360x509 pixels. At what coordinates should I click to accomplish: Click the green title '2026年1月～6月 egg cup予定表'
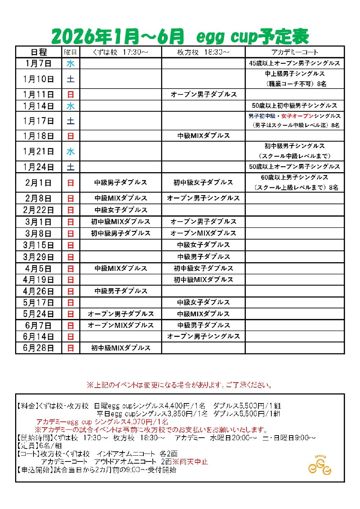click(180, 36)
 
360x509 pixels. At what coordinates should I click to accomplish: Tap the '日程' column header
click(39, 52)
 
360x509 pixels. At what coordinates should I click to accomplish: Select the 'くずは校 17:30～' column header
click(120, 52)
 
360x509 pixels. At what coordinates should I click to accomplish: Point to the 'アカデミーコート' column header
click(294, 52)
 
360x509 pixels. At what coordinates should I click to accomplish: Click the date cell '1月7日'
click(39, 63)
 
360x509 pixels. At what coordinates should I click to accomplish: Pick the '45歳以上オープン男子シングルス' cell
click(294, 63)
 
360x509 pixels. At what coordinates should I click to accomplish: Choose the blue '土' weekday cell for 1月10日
click(71, 79)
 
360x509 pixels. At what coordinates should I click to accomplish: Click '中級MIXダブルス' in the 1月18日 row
click(203, 136)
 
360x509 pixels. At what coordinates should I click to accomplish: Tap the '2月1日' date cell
click(39, 183)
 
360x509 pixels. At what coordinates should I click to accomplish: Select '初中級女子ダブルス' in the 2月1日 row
click(203, 183)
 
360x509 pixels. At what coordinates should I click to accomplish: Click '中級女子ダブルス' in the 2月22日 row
click(120, 210)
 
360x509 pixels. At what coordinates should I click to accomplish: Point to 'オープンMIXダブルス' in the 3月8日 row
click(203, 233)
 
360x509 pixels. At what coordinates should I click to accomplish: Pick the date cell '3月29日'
click(39, 257)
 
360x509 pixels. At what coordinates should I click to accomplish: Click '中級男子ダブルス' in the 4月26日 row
click(120, 291)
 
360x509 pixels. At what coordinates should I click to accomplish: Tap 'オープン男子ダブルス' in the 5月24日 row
click(120, 314)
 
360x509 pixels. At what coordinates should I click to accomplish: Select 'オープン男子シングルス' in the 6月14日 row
click(203, 336)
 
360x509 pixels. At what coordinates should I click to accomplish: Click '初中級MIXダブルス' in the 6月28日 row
click(120, 348)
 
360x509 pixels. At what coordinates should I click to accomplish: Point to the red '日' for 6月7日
click(71, 325)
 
